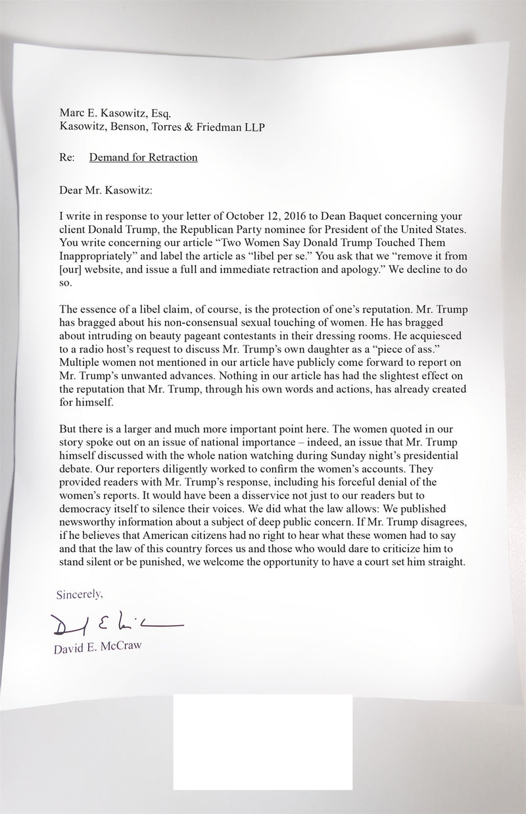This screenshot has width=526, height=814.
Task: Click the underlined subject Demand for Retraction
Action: click(x=143, y=157)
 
